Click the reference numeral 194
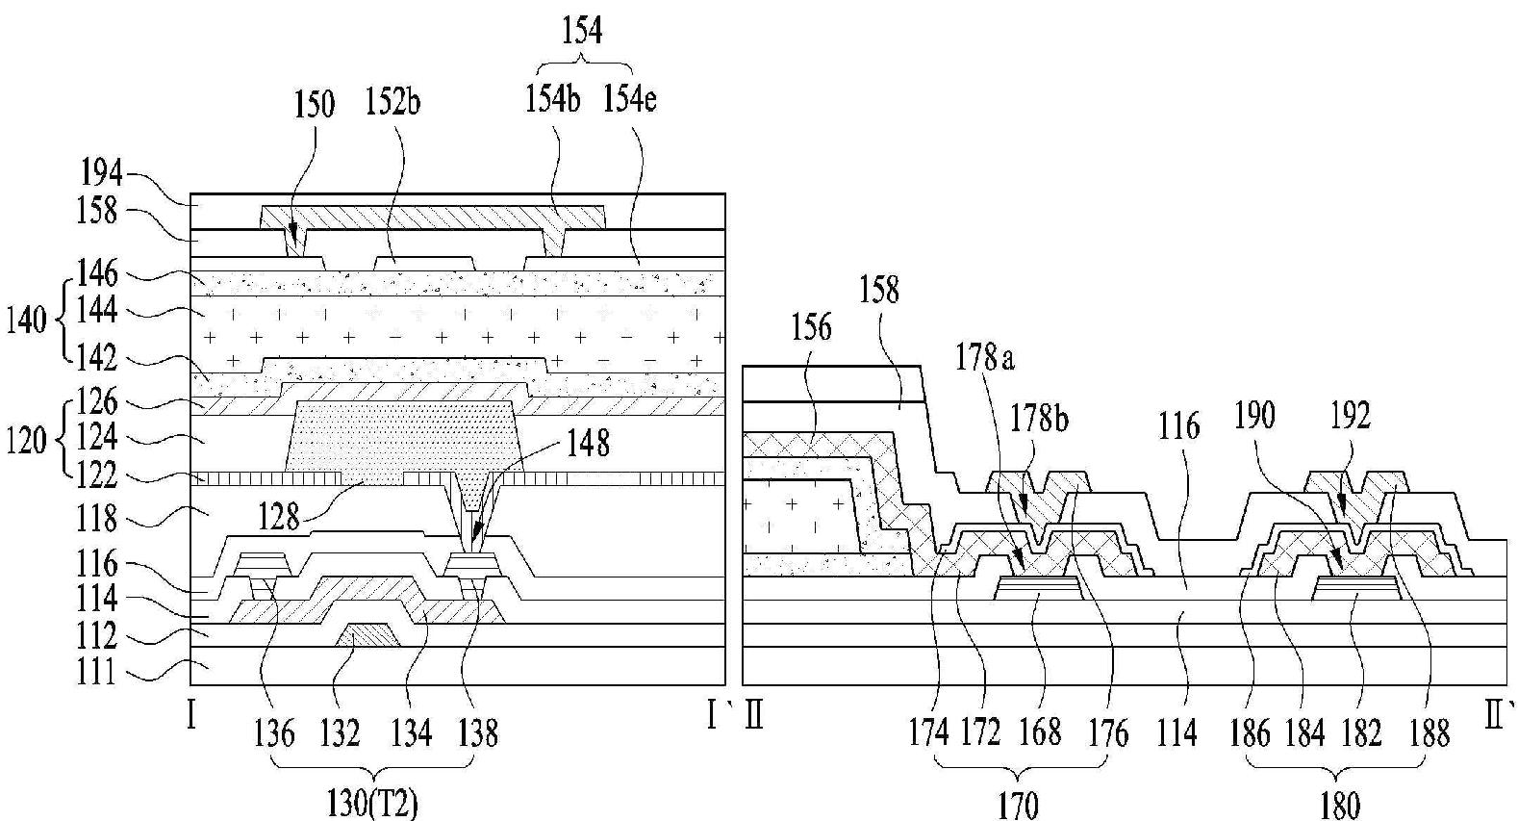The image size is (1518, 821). (102, 174)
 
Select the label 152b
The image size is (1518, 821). (393, 101)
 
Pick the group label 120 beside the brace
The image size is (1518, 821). (26, 441)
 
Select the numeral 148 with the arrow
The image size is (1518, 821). (589, 443)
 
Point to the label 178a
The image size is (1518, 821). (985, 359)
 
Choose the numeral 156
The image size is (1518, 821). (811, 327)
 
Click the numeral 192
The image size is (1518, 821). (1351, 416)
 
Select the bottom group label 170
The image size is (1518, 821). (1018, 803)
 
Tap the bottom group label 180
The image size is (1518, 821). (1339, 803)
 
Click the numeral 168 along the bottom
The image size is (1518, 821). (1041, 734)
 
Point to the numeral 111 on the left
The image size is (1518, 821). (96, 673)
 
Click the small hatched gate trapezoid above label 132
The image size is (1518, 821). (367, 634)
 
